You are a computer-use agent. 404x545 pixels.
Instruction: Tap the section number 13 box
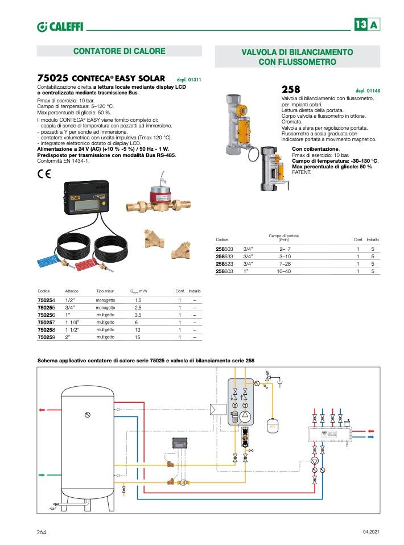360,25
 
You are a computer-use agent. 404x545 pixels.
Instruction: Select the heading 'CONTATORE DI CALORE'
119,52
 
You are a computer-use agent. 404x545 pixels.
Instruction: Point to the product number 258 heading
291,89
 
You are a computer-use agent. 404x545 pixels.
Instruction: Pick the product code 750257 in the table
47,322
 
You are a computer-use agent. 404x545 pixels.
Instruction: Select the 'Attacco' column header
72,291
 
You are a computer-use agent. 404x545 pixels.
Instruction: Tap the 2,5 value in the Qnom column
138,307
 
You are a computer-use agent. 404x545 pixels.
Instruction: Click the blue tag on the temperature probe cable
48,261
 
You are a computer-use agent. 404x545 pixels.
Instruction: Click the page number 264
42,531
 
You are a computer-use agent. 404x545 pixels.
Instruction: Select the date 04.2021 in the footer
370,531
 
